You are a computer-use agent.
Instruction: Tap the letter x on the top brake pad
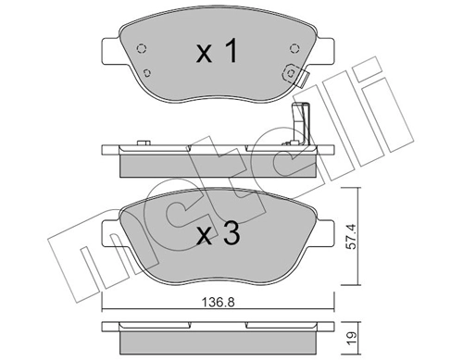click(206, 56)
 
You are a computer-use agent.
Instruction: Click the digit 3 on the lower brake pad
click(231, 235)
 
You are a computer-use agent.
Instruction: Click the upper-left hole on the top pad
click(140, 50)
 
